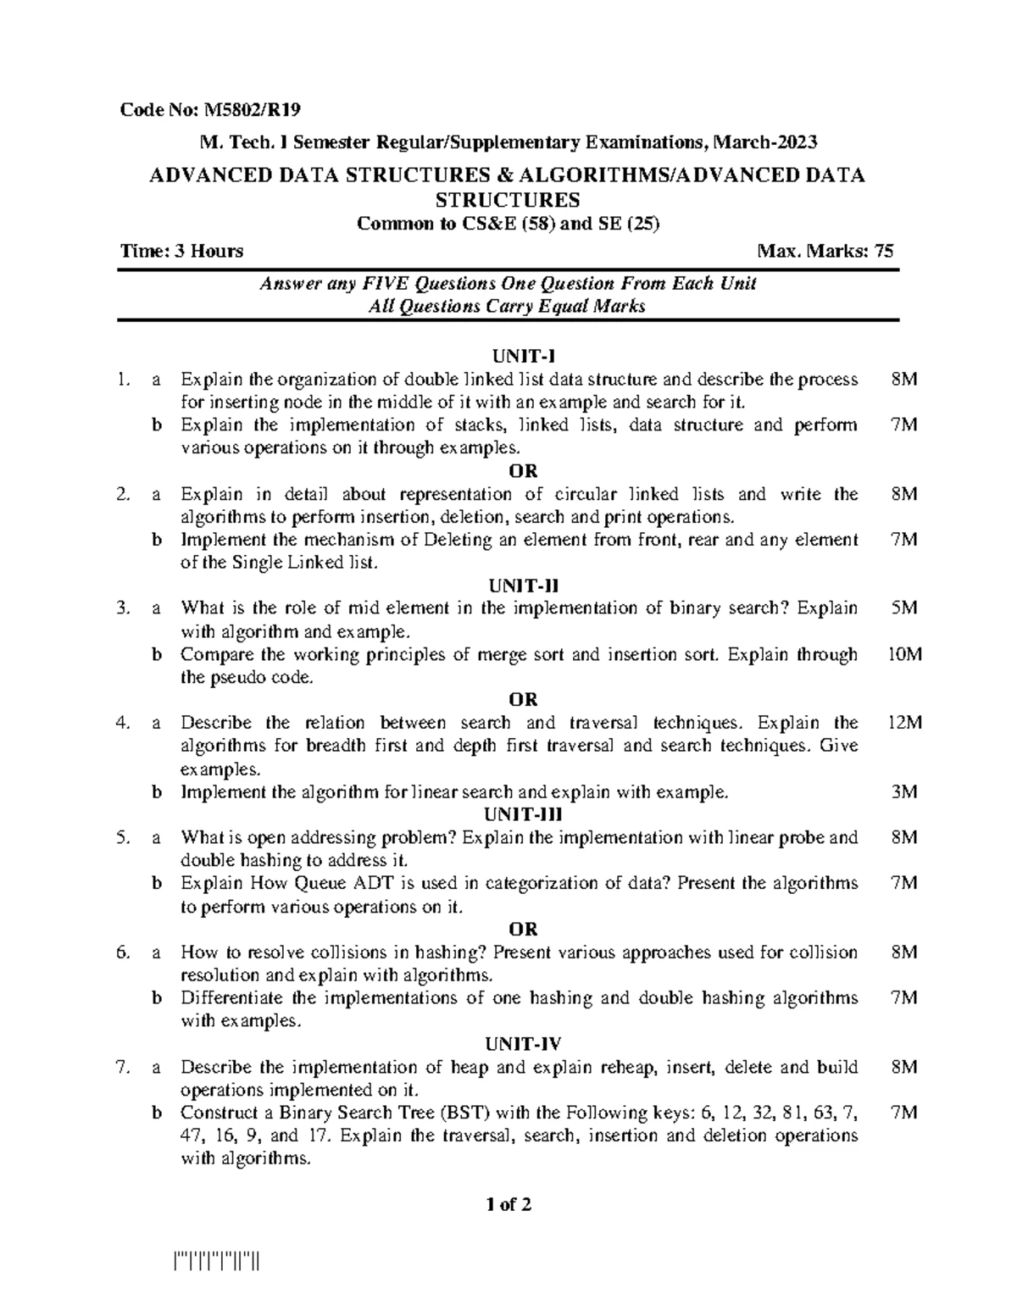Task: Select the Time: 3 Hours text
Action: point(181,251)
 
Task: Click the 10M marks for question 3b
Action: point(903,654)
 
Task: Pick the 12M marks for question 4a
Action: point(903,723)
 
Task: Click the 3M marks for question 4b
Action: point(904,792)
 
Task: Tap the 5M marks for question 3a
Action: point(904,608)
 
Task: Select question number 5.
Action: point(125,838)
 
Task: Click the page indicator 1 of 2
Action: point(508,1204)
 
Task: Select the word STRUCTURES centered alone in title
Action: point(507,200)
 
